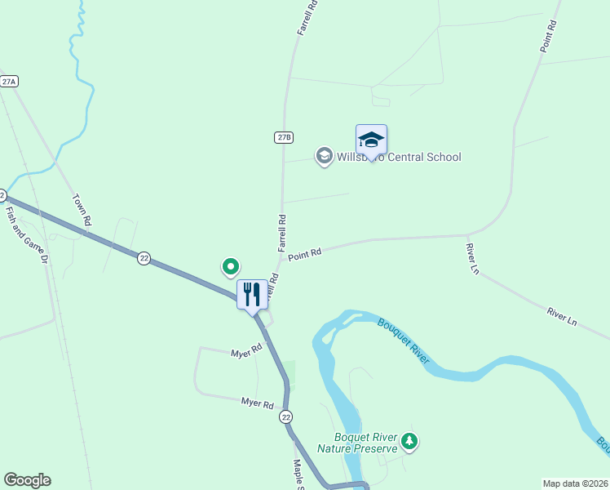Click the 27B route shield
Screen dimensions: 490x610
coord(283,137)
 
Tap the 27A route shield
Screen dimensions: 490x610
coord(9,82)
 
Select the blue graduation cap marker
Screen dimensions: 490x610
coord(371,140)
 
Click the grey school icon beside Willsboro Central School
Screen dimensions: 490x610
coord(324,156)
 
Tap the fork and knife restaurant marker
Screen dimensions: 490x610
coord(252,293)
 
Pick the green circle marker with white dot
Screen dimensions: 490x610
coord(231,265)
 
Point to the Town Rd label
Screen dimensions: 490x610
coord(82,209)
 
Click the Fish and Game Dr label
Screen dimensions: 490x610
coord(16,234)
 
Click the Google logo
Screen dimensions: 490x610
coord(27,480)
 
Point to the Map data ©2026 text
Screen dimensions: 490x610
coord(575,483)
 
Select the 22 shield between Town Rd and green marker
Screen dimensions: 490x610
coord(144,258)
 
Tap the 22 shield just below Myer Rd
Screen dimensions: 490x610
coord(285,416)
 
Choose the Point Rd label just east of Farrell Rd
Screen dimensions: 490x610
coord(304,255)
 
